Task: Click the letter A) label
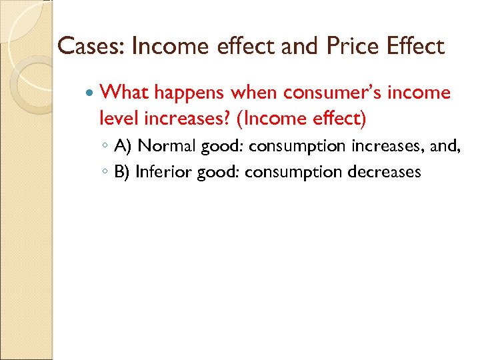(x=123, y=145)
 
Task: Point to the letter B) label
(x=122, y=172)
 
